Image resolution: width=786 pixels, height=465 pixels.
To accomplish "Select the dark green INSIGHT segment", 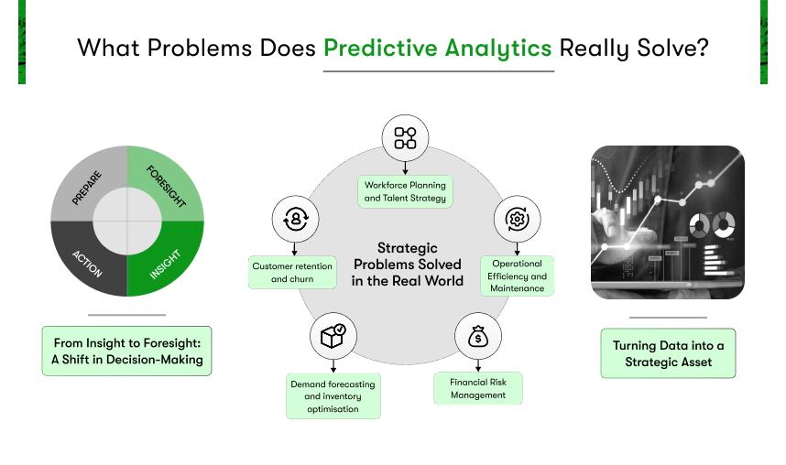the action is pos(168,261).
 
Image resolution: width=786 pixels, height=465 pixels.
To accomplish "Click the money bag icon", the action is pos(477,336).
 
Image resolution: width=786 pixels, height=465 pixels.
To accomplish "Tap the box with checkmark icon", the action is pos(333,336).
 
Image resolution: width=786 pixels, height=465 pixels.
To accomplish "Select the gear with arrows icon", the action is pos(517,219).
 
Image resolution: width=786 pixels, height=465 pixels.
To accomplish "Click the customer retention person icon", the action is pos(295,219).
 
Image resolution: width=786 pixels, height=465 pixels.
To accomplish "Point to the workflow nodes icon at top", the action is pos(405,138).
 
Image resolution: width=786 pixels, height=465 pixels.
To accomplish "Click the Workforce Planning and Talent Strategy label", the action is pos(405,191).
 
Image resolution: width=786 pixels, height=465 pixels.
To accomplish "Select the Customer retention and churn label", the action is pos(292,273).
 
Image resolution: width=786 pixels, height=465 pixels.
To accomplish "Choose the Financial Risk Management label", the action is pos(478,388).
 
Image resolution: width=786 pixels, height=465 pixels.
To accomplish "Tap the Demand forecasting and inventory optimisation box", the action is pos(333,395).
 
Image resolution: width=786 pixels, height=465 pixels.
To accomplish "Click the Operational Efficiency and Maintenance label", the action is pos(517,276).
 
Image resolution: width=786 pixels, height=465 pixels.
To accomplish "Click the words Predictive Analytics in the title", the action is pos(438,49).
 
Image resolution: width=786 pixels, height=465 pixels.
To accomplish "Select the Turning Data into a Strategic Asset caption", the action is pos(668,353).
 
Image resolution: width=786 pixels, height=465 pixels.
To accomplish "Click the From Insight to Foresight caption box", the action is pos(126,351).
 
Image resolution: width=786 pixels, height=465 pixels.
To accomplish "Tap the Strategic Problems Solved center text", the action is pos(407,264).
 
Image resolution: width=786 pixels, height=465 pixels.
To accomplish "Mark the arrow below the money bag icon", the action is pos(477,365).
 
